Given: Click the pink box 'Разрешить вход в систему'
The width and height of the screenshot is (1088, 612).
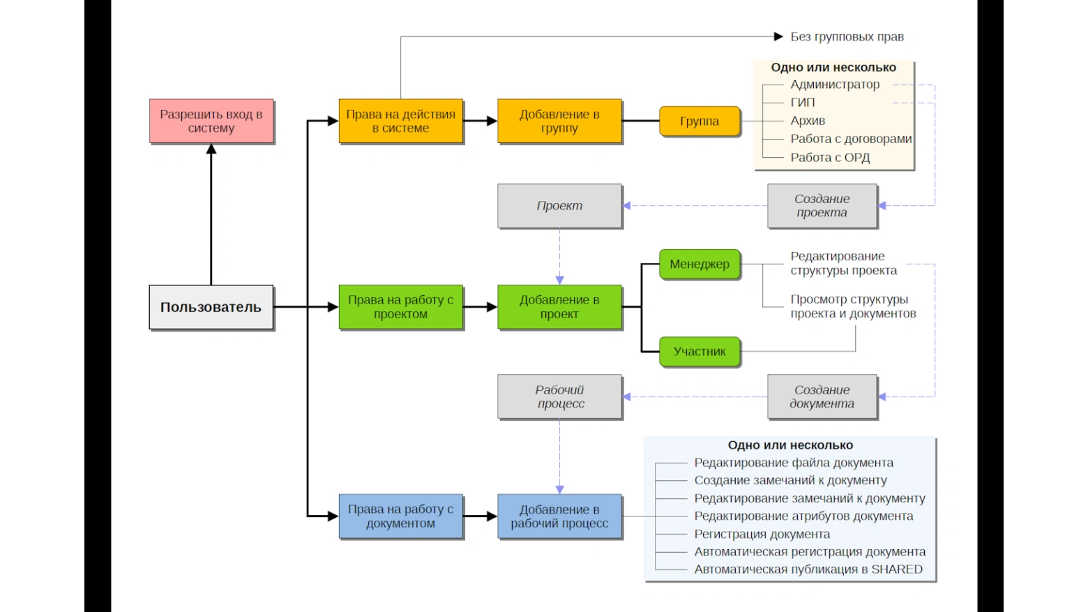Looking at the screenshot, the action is tap(211, 121).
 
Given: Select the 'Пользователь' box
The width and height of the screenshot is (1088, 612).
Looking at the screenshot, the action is tap(211, 307).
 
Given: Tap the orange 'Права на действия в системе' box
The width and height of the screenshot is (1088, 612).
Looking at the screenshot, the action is tap(401, 121).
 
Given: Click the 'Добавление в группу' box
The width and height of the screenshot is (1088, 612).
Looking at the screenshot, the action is tap(559, 121).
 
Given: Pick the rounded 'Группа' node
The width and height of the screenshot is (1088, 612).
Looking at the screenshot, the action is tap(700, 121).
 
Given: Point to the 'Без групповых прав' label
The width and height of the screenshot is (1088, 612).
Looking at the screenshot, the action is tap(847, 36).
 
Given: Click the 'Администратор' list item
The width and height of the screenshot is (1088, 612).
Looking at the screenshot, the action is tap(835, 84).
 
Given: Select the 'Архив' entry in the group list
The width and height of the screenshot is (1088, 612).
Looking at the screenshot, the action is tap(808, 121).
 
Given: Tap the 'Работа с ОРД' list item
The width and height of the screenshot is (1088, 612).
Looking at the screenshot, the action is tap(830, 158).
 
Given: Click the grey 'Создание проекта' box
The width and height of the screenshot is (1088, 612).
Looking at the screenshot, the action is tap(822, 206).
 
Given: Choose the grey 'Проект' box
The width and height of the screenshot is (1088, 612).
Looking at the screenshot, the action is tap(559, 206).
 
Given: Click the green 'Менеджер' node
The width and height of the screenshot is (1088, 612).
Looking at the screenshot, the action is tap(700, 264).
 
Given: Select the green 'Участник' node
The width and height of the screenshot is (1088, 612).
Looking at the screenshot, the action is tap(700, 352).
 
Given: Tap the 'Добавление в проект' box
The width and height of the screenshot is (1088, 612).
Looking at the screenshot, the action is tap(559, 307).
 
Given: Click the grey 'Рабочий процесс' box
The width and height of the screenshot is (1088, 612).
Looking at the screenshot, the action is tap(559, 396).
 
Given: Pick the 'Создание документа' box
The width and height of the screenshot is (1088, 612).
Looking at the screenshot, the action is tap(822, 396).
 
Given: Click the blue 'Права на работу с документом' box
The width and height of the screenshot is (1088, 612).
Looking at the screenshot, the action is tap(401, 516).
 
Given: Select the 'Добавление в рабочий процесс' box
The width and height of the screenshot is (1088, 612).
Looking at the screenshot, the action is tap(559, 516).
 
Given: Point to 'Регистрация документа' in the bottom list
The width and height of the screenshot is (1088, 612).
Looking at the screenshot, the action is tap(762, 535).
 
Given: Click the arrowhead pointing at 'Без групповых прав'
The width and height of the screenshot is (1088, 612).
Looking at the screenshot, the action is tap(778, 36).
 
